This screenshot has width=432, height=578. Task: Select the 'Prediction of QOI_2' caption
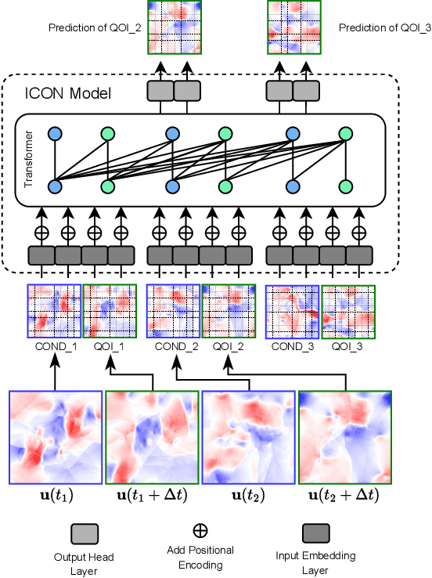coord(95,27)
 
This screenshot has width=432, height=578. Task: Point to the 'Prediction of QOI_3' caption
coord(374,27)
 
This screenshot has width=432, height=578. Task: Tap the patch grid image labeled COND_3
coord(292,311)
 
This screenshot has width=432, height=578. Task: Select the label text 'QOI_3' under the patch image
coord(347,347)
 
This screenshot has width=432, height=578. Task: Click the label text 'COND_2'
coord(173,347)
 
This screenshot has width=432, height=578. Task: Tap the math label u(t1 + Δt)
coord(152,495)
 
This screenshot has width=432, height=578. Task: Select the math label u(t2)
coord(248,495)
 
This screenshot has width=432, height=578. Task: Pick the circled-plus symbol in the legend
coord(200,531)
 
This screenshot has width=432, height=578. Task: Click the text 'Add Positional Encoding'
coord(200,558)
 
